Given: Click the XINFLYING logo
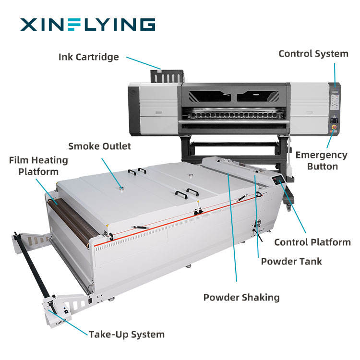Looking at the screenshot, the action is tap(87, 24).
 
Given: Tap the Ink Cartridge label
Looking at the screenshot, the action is tap(88, 57).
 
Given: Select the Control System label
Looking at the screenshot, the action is tap(313, 54).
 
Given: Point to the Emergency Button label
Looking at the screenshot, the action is tap(321, 161).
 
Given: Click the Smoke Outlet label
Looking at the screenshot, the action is tap(99, 146).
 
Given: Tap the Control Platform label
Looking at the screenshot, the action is tap(312, 242).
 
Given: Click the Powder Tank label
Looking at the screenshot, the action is tap(291, 262).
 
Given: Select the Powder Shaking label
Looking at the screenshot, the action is tap(241, 297).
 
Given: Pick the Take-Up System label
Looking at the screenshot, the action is tap(127, 335).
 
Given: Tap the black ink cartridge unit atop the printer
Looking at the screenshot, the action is tap(166, 76).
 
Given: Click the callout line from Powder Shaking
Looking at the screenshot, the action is tap(233, 230).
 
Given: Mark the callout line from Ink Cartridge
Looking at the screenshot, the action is tap(144, 62).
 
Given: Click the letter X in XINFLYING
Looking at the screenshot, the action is tap(28, 24).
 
